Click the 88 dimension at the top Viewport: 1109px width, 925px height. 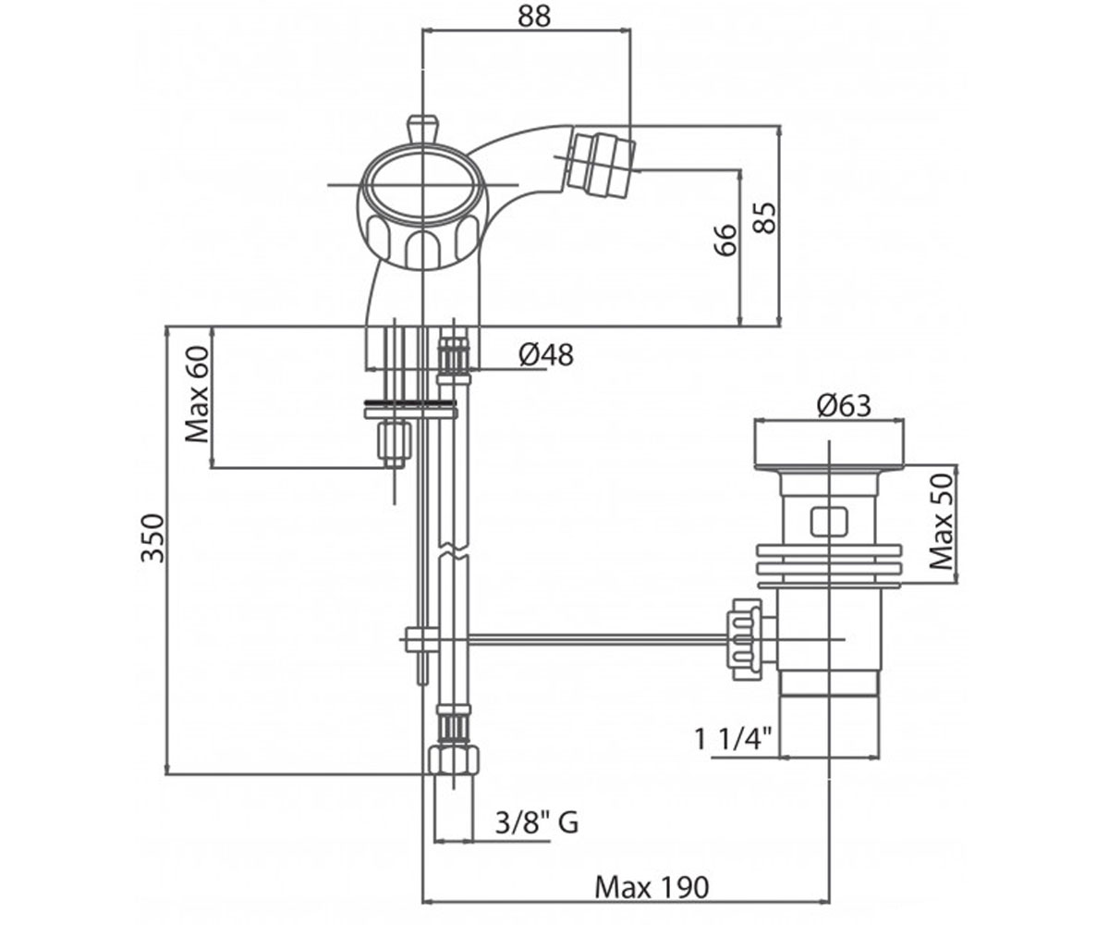535,17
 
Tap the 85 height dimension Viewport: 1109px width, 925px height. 765,218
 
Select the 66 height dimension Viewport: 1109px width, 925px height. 726,240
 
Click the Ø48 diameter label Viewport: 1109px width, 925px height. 546,354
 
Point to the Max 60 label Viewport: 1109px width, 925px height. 197,394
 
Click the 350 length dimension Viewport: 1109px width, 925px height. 153,537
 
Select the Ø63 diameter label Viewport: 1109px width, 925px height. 844,406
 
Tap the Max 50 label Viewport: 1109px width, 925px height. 942,522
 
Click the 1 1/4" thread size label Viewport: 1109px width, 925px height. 733,739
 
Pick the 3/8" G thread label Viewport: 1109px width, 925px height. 537,823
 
